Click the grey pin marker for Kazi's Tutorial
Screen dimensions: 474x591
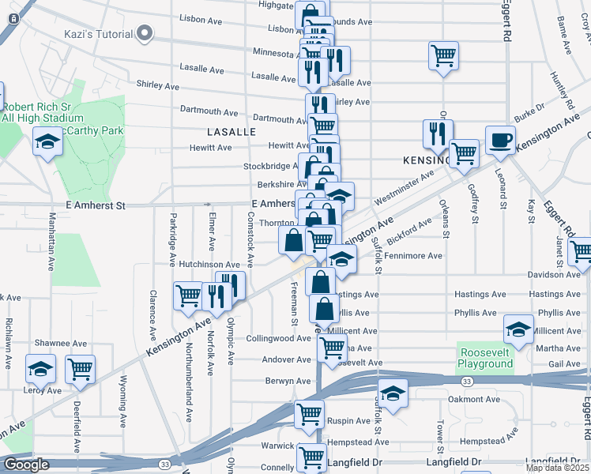click(x=144, y=33)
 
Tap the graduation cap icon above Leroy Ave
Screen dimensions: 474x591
click(x=40, y=369)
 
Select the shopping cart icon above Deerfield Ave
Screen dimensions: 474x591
click(x=81, y=369)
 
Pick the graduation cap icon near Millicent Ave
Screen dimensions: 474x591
click(x=518, y=328)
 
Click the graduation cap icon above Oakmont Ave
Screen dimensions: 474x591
click(x=393, y=393)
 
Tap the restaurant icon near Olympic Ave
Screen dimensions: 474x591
click(x=231, y=285)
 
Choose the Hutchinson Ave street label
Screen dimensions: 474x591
click(x=209, y=265)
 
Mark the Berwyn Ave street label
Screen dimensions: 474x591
click(x=288, y=381)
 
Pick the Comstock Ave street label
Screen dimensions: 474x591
click(x=250, y=239)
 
